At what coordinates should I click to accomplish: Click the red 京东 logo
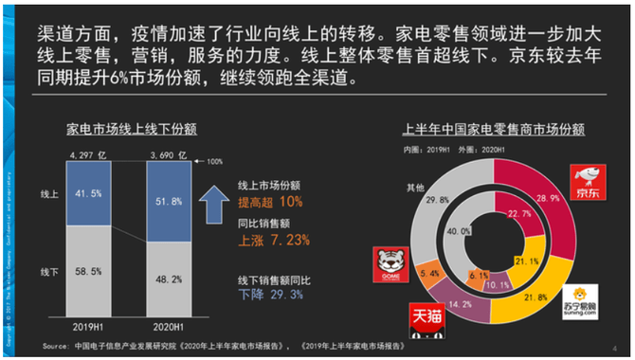(587, 181)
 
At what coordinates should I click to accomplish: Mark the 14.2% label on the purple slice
(463, 305)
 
